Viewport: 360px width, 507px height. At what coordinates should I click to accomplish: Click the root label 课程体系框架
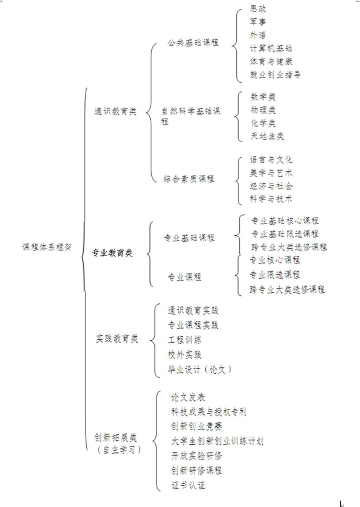coord(47,247)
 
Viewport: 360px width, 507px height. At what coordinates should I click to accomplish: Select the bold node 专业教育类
coord(112,253)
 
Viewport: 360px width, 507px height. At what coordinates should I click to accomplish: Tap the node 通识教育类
coord(116,111)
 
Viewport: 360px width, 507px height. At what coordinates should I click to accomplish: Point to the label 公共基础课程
coord(193,42)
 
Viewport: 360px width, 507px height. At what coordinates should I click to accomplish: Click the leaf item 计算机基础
coord(271,48)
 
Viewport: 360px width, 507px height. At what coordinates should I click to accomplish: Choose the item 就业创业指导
coord(276,75)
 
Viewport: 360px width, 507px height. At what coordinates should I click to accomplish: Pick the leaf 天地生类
coord(267,136)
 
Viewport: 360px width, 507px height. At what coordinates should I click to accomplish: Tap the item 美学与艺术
coord(271,173)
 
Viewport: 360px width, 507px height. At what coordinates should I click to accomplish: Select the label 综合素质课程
coord(189,178)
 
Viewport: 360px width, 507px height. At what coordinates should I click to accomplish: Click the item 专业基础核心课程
coord(285,221)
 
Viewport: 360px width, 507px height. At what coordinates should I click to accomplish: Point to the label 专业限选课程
coord(274,275)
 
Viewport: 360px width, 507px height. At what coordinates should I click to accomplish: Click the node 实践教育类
coord(117,339)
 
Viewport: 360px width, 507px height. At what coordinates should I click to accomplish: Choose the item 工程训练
coord(185,340)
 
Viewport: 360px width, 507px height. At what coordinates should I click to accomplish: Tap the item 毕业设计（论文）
coord(200,369)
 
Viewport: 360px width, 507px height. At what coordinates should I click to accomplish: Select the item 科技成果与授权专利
coord(209,411)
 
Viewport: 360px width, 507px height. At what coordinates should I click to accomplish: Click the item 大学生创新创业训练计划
coord(217,441)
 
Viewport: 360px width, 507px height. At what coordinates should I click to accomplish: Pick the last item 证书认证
coord(188,485)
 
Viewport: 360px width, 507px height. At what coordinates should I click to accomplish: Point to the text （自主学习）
coord(119,449)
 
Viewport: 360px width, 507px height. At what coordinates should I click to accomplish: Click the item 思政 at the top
coord(258,9)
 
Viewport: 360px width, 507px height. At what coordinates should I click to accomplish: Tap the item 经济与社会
coord(271,186)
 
